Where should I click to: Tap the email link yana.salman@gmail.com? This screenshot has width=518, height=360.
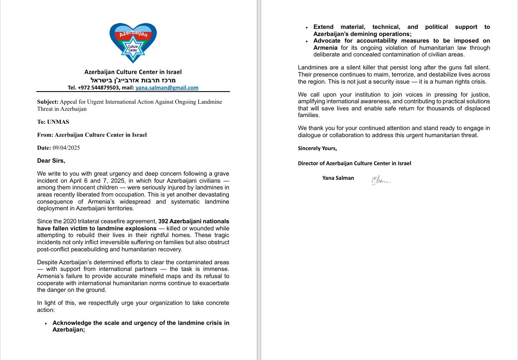[x=167, y=88]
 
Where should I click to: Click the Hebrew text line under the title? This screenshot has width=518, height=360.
[x=133, y=80]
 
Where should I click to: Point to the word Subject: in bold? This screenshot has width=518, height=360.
[x=48, y=102]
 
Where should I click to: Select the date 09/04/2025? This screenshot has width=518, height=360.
[x=66, y=148]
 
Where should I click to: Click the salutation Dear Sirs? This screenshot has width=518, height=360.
[x=51, y=161]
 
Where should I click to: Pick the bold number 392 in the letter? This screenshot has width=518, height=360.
[x=164, y=221]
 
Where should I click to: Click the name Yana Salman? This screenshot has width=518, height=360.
[x=338, y=178]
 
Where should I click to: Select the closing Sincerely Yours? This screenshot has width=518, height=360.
[x=317, y=148]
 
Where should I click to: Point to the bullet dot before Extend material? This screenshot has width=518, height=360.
[x=307, y=28]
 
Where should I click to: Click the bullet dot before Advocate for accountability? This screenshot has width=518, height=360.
[x=307, y=41]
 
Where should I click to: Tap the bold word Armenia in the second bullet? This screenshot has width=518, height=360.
[x=325, y=48]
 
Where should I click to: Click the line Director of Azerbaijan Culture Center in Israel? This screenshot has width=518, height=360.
[x=354, y=163]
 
